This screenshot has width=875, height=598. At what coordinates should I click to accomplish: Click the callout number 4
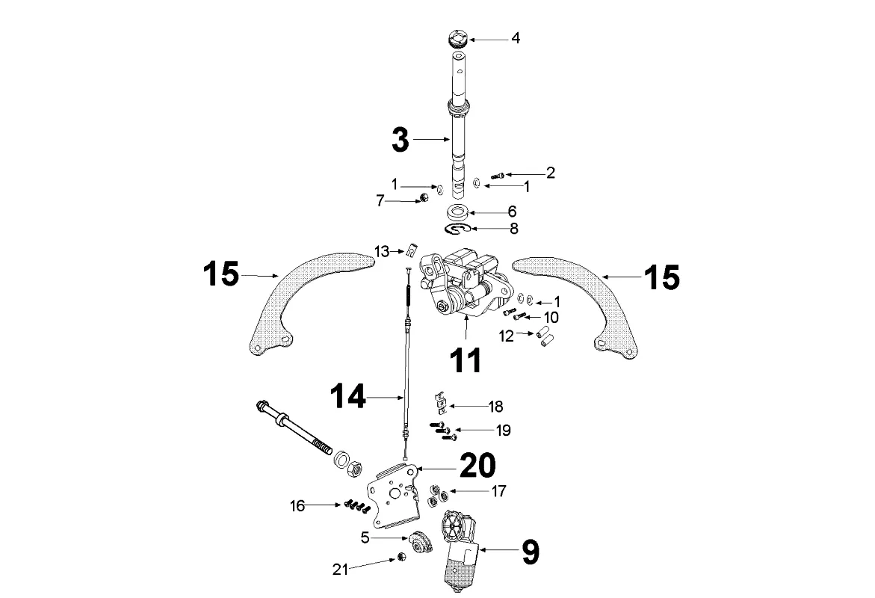[x=516, y=39]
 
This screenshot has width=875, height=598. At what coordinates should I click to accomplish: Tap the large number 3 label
[x=400, y=140]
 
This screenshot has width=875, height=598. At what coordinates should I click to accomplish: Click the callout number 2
[x=551, y=173]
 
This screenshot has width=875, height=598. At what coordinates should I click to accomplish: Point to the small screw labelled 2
[x=497, y=176]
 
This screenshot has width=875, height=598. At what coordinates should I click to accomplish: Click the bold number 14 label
[x=347, y=396]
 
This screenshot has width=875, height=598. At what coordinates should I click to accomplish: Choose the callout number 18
[x=495, y=407]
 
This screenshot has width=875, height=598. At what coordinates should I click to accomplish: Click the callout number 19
[x=504, y=431]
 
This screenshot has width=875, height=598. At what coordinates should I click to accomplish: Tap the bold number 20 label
[x=477, y=465]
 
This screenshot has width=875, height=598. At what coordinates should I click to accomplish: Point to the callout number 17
[x=498, y=491]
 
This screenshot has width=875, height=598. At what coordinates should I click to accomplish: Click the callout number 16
[x=297, y=506]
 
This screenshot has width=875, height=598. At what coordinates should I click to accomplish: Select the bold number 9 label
[x=531, y=552]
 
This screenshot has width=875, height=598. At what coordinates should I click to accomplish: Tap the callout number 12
[x=506, y=336]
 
